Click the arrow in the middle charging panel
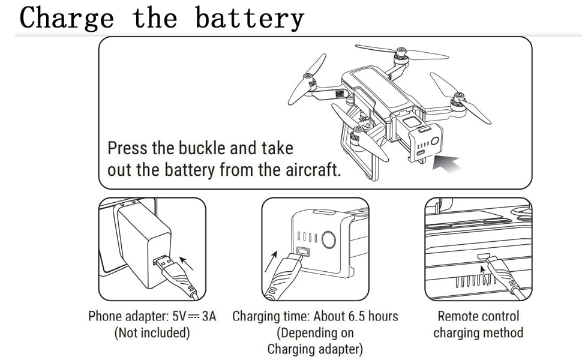[274, 254]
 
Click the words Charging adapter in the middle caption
[315, 348]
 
